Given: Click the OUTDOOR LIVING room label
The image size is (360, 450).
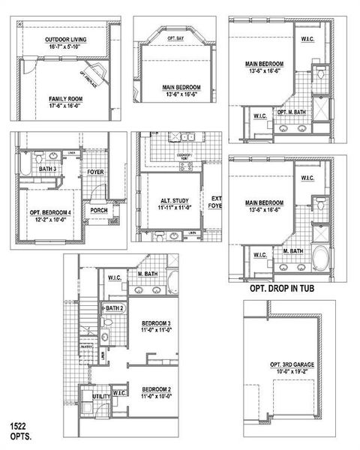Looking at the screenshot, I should click(65, 39).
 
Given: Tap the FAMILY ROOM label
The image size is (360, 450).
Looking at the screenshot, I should click(65, 99).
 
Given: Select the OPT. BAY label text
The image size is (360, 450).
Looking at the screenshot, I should click(175, 37).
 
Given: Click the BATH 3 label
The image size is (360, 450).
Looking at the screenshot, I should click(48, 169).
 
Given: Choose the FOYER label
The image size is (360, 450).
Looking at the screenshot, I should click(96, 172).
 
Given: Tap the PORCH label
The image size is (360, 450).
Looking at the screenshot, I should click(99, 211).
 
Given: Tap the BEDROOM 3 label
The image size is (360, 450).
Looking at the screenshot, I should click(157, 323).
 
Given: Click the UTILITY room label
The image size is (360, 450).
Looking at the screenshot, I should click(101, 397).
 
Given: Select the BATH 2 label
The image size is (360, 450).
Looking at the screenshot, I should click(114, 308).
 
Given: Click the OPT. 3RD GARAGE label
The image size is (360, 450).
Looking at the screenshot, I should click(292, 365).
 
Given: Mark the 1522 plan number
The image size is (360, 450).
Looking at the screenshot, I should click(19, 425).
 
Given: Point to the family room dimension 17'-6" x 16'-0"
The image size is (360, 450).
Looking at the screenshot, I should click(65, 106).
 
